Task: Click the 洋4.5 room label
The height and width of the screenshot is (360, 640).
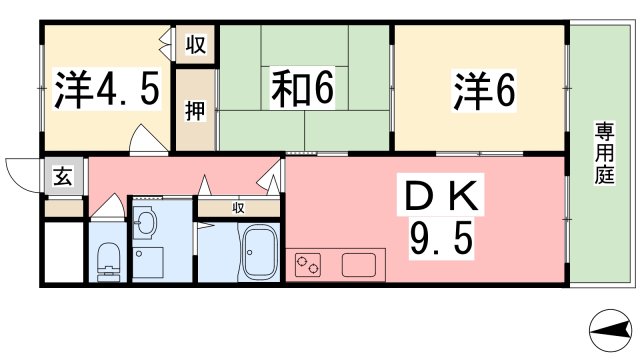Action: pyautogui.click(x=106, y=91)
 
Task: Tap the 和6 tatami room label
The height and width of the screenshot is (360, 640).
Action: pyautogui.click(x=300, y=91)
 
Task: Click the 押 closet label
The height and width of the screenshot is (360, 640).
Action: pyautogui.click(x=195, y=111)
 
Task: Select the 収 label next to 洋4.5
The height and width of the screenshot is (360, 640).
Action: pyautogui.click(x=196, y=46)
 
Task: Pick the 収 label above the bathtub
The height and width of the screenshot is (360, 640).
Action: pyautogui.click(x=239, y=208)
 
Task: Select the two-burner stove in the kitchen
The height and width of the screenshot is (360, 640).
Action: pyautogui.click(x=309, y=266)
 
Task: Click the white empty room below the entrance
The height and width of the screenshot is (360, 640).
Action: pyautogui.click(x=64, y=252)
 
